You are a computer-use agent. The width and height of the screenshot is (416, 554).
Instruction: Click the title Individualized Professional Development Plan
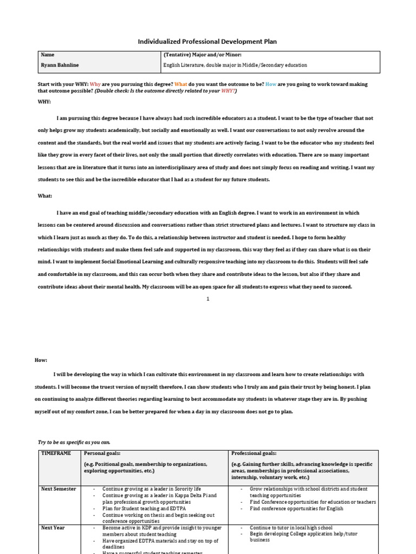click(208, 42)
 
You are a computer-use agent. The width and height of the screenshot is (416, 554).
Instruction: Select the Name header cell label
click(48, 55)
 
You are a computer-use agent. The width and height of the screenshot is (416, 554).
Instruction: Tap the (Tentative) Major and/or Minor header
click(202, 55)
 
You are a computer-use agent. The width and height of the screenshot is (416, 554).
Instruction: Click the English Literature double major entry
click(235, 65)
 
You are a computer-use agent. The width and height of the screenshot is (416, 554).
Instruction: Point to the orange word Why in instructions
click(95, 84)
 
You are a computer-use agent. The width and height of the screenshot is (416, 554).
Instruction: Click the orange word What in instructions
click(181, 84)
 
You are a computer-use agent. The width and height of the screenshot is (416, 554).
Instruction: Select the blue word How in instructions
click(271, 84)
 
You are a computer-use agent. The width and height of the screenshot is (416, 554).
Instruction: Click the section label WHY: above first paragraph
click(44, 101)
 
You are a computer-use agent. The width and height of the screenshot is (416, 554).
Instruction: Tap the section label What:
click(45, 196)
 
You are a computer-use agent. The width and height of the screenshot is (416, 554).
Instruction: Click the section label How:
click(42, 360)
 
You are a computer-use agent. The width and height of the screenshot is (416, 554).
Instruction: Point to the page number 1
click(207, 299)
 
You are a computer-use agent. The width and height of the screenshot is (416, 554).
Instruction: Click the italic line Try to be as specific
click(74, 442)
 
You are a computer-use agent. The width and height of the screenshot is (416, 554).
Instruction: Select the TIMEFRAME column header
click(56, 453)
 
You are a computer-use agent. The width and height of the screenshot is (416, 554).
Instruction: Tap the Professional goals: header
click(253, 453)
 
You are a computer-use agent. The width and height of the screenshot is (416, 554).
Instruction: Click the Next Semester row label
click(58, 489)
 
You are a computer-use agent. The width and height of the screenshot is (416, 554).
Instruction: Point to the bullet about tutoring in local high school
click(291, 527)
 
